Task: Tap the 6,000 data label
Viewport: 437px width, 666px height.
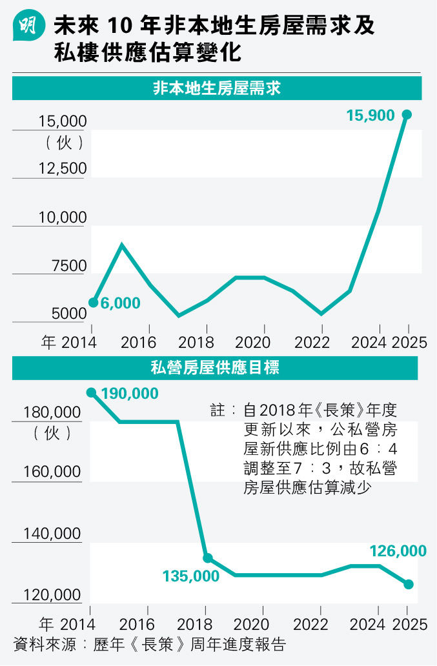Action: pyautogui.click(x=121, y=303)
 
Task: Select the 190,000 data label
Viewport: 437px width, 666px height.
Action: pyautogui.click(x=130, y=393)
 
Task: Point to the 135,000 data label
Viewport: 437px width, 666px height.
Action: pyautogui.click(x=191, y=576)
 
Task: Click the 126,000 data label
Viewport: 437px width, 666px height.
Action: pyautogui.click(x=398, y=551)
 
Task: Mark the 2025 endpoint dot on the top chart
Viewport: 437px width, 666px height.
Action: pyautogui.click(x=407, y=114)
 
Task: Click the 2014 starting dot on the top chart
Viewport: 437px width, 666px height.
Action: pyautogui.click(x=93, y=302)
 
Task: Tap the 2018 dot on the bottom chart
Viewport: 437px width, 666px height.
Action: pyautogui.click(x=207, y=558)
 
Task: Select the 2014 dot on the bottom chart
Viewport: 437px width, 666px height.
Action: pyautogui.click(x=91, y=392)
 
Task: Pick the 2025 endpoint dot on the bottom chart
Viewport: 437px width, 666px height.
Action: pyautogui.click(x=408, y=584)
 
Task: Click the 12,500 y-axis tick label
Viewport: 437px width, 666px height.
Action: pyautogui.click(x=62, y=168)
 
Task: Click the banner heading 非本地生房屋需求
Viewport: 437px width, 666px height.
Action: pyautogui.click(x=216, y=88)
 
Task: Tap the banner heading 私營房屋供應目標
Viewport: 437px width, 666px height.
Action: pyautogui.click(x=215, y=368)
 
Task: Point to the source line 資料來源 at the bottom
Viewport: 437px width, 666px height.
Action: pyautogui.click(x=149, y=644)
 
